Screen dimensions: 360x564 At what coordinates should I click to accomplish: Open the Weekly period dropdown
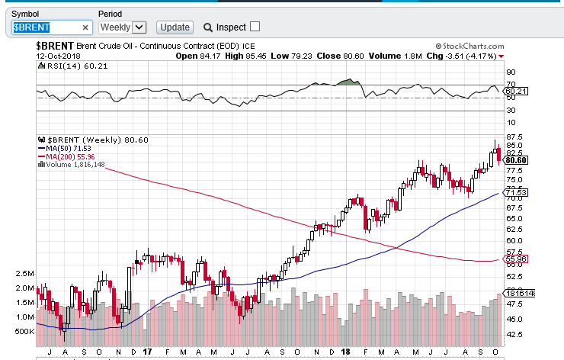click(x=122, y=27)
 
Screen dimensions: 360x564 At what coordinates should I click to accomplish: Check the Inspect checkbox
click(x=255, y=27)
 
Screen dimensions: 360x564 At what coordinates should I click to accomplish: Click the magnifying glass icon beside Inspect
click(x=207, y=27)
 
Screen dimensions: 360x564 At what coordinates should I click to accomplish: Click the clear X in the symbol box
click(x=85, y=27)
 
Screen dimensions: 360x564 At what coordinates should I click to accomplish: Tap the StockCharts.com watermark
click(x=469, y=47)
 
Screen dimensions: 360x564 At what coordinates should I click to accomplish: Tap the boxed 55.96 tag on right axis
click(x=517, y=259)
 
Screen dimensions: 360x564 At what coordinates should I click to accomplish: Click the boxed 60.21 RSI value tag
click(x=517, y=92)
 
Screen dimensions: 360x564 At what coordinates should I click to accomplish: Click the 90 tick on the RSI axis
click(x=511, y=72)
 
